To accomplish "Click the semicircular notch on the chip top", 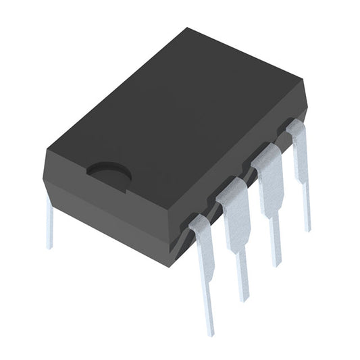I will tap(109, 172).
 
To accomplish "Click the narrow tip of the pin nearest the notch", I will tap(209, 317).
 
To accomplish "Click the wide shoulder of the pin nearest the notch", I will tap(203, 240).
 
